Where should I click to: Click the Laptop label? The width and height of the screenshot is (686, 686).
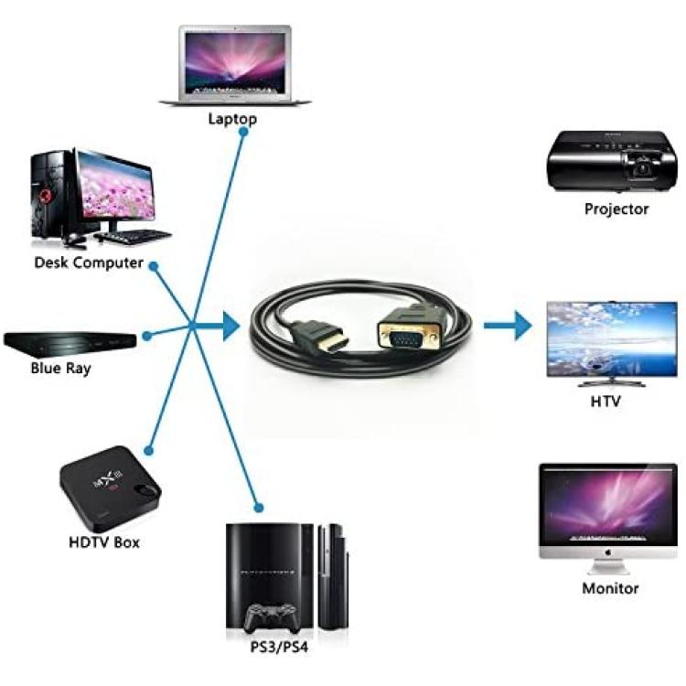click(x=232, y=119)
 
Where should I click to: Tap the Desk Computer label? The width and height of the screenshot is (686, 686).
click(x=89, y=263)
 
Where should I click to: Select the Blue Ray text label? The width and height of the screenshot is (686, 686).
click(x=60, y=368)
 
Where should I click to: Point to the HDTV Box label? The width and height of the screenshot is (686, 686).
click(x=104, y=542)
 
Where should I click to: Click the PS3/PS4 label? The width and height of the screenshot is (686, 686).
click(x=279, y=647)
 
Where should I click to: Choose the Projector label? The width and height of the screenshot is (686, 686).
click(x=616, y=209)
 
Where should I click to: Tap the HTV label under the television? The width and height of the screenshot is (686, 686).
click(x=606, y=402)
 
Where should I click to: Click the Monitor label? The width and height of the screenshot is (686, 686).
click(x=610, y=588)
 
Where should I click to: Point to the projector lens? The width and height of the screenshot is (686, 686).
click(x=642, y=168)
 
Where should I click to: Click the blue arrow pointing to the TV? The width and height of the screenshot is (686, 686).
click(x=508, y=325)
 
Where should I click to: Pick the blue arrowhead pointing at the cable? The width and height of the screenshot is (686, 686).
click(x=231, y=326)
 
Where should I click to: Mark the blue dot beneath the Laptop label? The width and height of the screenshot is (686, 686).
click(x=244, y=131)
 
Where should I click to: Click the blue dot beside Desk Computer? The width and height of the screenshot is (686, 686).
click(x=153, y=265)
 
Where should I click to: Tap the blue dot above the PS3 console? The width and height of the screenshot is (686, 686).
click(x=259, y=508)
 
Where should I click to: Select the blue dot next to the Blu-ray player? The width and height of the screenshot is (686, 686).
click(x=147, y=336)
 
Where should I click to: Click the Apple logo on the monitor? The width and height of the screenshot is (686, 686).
click(x=607, y=552)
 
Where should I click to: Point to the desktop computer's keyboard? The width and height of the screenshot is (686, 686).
click(x=132, y=236)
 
